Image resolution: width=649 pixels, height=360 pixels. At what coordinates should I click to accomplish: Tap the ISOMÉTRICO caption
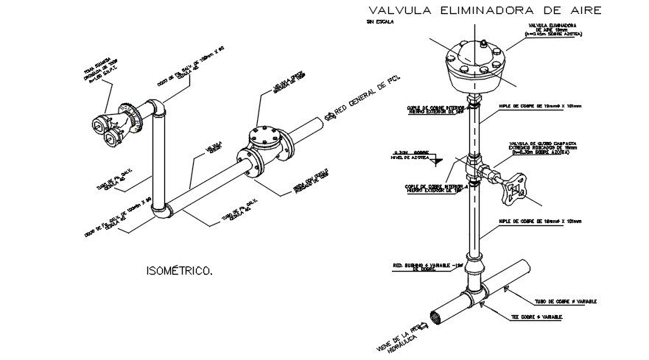[180, 272]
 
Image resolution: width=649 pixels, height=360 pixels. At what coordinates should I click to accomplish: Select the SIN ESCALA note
[379, 23]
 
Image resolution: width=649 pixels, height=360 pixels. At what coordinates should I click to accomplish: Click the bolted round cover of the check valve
[264, 135]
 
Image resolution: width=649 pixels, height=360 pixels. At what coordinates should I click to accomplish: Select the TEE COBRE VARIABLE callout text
[538, 317]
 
